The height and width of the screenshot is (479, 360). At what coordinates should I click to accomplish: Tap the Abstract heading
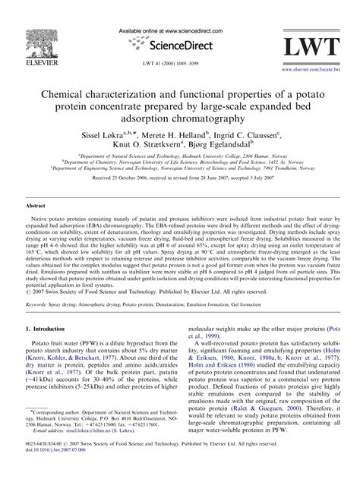(36, 206)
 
